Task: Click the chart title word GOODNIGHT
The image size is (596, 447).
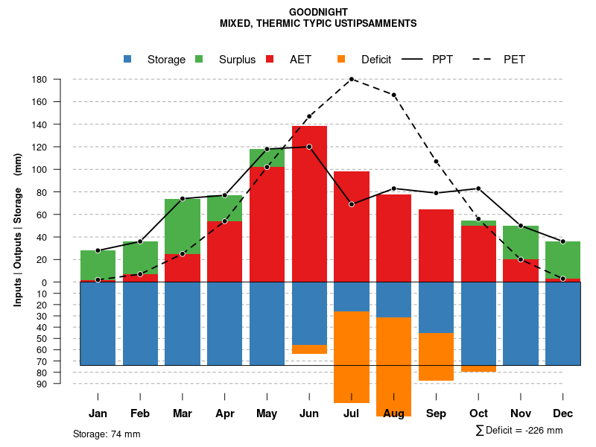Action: (318, 12)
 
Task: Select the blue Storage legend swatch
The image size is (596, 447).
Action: (128, 60)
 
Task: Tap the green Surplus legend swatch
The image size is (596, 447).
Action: (200, 60)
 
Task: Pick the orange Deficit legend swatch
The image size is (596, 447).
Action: (342, 60)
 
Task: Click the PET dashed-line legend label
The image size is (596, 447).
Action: (514, 60)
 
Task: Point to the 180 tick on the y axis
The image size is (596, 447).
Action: (39, 80)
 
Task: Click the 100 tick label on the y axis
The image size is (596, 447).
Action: (39, 170)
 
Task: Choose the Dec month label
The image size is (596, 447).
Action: (562, 413)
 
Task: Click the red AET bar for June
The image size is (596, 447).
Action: (309, 201)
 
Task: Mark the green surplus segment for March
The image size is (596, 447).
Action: (182, 226)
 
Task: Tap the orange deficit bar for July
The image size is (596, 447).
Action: (352, 358)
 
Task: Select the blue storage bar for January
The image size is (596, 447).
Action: (98, 324)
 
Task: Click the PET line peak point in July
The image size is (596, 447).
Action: (352, 79)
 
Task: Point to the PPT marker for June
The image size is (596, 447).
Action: (309, 147)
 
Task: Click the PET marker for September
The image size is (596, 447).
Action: (437, 162)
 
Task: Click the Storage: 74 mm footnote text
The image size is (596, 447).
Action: (107, 434)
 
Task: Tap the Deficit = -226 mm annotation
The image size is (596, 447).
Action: (519, 431)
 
